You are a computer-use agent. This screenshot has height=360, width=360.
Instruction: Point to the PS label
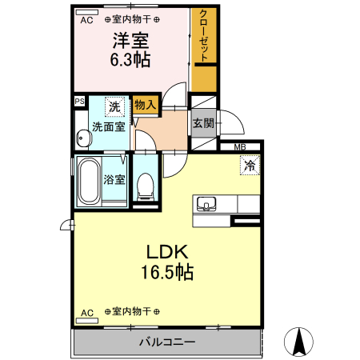point(78,102)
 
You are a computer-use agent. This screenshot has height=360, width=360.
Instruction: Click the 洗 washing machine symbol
point(115,107)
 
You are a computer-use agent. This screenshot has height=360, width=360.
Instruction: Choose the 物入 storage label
point(145,104)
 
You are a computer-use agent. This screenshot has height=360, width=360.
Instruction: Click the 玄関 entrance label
point(203,123)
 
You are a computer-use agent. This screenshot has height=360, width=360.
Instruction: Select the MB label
point(239,147)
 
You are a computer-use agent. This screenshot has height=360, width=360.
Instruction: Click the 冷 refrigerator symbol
point(249,166)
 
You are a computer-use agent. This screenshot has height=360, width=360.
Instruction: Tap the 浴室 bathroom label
point(114,180)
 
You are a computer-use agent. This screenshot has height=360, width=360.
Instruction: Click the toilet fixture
point(146,186)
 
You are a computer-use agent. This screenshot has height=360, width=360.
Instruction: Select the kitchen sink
point(207,204)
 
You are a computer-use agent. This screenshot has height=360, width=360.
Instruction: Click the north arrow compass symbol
point(299,342)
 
